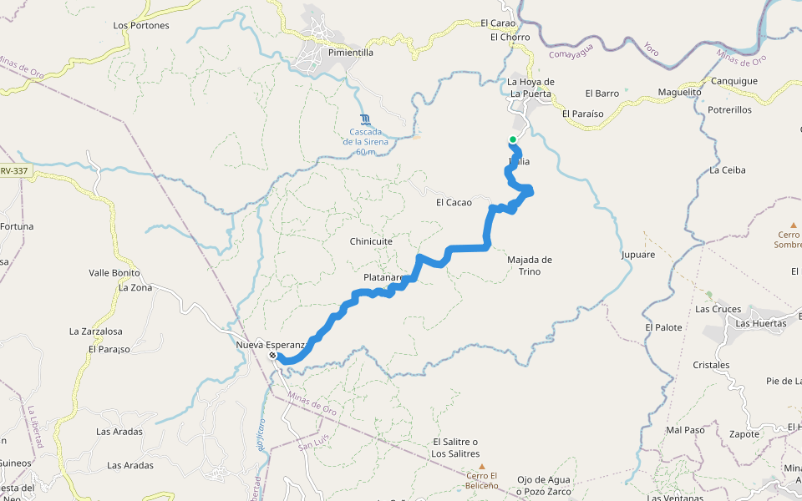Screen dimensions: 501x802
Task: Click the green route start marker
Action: point(513,139)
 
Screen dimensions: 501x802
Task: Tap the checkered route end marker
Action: point(272,357)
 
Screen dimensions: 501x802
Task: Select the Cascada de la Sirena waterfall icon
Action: point(364,119)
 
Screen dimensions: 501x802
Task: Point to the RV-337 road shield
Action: point(14,171)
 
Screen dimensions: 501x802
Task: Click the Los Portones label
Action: point(141,26)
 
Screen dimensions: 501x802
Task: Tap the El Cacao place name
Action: point(454,203)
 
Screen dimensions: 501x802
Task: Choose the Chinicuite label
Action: point(371,241)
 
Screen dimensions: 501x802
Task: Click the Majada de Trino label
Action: point(530,266)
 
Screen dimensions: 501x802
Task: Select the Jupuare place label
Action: point(638,254)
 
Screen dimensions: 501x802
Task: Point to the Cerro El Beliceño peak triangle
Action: point(481,466)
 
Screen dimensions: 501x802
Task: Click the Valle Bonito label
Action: point(114,273)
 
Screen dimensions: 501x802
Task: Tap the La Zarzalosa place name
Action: point(96,331)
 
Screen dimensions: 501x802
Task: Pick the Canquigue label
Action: point(733,81)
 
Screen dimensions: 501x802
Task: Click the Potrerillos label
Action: point(729,110)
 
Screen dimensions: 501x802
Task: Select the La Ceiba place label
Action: point(727,170)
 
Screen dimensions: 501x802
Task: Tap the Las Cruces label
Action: point(718,309)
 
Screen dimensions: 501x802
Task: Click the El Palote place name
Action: point(663,328)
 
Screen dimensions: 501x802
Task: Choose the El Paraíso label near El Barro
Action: point(582,114)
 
